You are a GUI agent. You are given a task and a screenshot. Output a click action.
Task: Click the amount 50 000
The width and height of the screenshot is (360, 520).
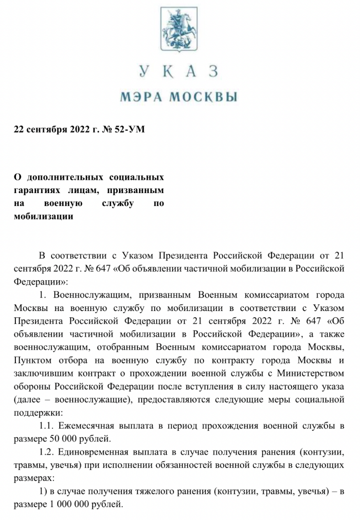(x=62, y=439)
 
